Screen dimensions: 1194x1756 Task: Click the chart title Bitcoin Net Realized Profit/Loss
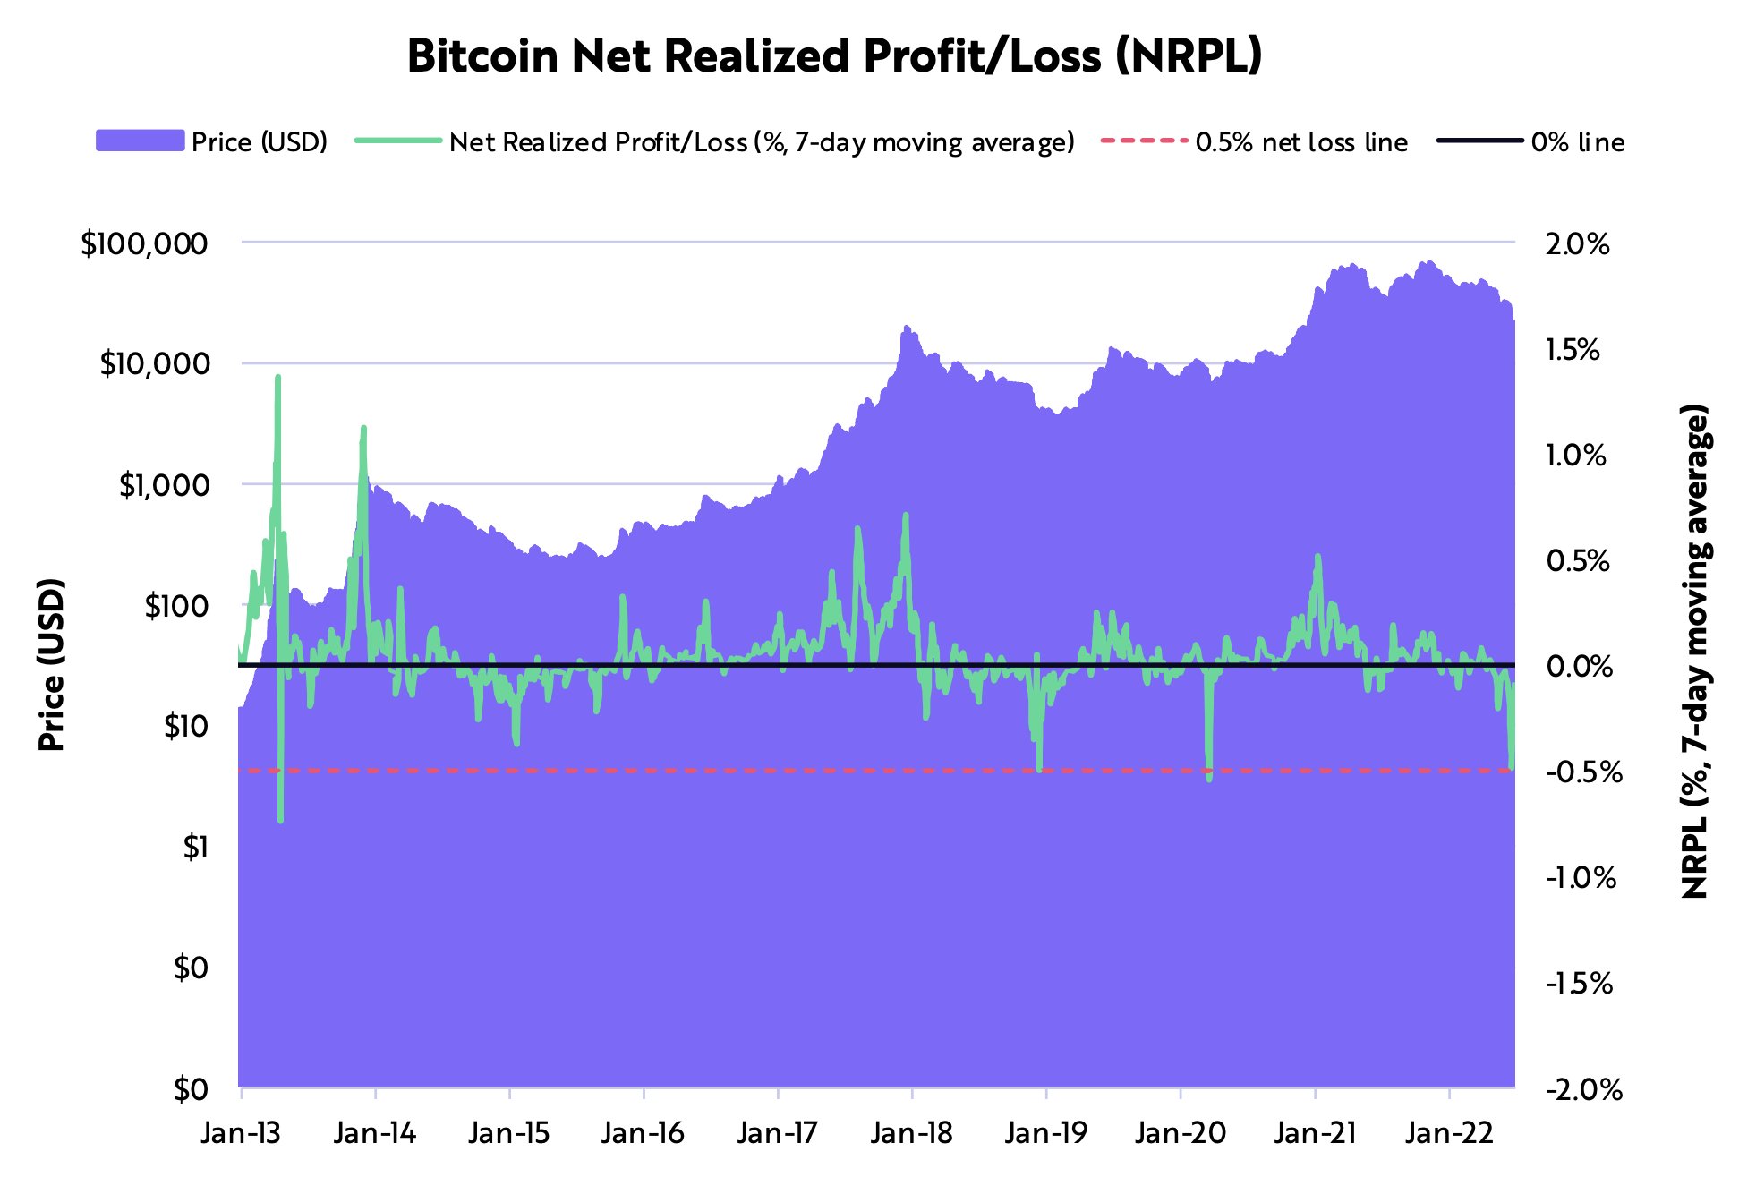pyautogui.click(x=834, y=56)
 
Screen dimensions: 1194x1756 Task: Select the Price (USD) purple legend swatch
pyautogui.click(x=140, y=141)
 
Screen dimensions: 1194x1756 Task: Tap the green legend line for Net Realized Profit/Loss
pyautogui.click(x=398, y=141)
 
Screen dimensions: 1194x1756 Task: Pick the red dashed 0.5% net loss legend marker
pyautogui.click(x=1143, y=141)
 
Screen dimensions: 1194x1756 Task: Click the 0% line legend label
pyautogui.click(x=1577, y=142)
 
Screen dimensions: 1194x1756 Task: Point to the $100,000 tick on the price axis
pyautogui.click(x=144, y=243)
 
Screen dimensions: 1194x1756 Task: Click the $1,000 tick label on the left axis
pyautogui.click(x=164, y=485)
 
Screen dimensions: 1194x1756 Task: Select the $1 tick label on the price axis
pyautogui.click(x=195, y=847)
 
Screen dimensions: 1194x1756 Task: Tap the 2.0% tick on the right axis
pyautogui.click(x=1577, y=243)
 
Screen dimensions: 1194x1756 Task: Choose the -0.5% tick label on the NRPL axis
pyautogui.click(x=1583, y=772)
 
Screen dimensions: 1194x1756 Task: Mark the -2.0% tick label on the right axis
pyautogui.click(x=1583, y=1089)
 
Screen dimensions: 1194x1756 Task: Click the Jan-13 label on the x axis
pyautogui.click(x=241, y=1133)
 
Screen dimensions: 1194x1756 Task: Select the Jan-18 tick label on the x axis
pyautogui.click(x=911, y=1133)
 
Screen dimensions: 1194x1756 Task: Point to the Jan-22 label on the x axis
pyautogui.click(x=1449, y=1133)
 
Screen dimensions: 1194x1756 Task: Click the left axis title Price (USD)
pyautogui.click(x=52, y=664)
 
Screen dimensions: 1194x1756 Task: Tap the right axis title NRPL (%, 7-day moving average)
pyautogui.click(x=1694, y=651)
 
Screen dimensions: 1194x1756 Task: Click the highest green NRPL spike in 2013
pyautogui.click(x=277, y=378)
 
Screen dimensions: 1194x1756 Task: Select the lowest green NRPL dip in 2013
pyautogui.click(x=280, y=819)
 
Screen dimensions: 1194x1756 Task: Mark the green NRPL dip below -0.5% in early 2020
pyautogui.click(x=1209, y=779)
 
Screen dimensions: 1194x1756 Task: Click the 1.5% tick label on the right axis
pyautogui.click(x=1573, y=349)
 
